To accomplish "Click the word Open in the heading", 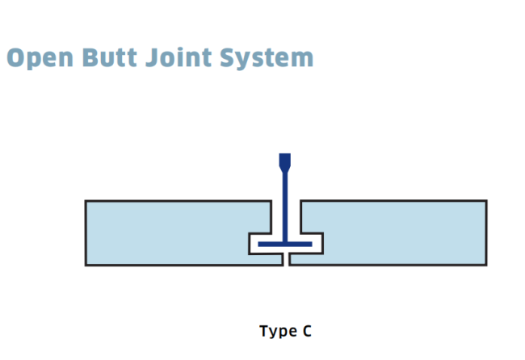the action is pos(40,59).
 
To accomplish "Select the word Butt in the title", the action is pos(110,57).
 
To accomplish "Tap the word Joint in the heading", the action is pos(178,57).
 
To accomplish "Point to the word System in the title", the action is pos(267,59).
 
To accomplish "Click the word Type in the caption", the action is pos(278,331).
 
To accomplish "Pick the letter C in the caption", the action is pos(307,331).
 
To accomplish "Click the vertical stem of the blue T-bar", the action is pos(285,207).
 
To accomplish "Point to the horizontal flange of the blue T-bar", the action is pos(285,245).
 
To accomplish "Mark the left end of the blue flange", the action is pos(258,245).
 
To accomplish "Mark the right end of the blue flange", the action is pos(312,245).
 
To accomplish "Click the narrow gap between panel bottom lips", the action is pos(286,260).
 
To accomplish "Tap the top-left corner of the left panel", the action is pos(86,201).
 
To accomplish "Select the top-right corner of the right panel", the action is pos(487,200).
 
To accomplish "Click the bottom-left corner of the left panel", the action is pos(86,266).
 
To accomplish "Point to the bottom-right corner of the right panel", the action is pos(487,266).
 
